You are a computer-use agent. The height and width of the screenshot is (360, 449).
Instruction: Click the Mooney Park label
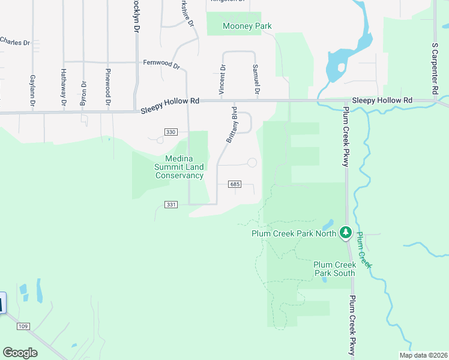pos(247,26)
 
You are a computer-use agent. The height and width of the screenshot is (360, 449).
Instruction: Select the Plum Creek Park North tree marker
pos(345,232)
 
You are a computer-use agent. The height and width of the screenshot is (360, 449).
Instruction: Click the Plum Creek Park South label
pos(335,269)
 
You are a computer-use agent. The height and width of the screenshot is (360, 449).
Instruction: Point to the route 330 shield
pos(171,132)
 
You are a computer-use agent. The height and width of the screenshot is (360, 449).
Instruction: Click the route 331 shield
pos(171,205)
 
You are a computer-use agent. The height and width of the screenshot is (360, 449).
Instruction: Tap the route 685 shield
pos(235,185)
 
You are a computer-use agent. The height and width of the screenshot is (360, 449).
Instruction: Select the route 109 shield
pos(23,326)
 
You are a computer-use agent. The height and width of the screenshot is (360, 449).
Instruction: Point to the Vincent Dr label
pos(222,80)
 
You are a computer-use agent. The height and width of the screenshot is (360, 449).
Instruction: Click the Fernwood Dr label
pos(161,63)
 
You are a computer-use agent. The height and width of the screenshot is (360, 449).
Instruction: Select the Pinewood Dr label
pos(108,88)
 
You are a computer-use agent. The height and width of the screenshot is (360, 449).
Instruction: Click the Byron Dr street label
pos(83,94)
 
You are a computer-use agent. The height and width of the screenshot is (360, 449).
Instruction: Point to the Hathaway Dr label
pos(63,88)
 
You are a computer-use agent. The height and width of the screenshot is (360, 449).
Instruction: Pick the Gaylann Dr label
pos(32,92)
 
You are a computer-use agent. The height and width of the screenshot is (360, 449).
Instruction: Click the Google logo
pos(20,353)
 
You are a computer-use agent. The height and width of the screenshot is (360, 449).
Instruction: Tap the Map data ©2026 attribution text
pos(423,355)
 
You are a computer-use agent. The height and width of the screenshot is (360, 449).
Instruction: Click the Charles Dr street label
pos(15,42)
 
